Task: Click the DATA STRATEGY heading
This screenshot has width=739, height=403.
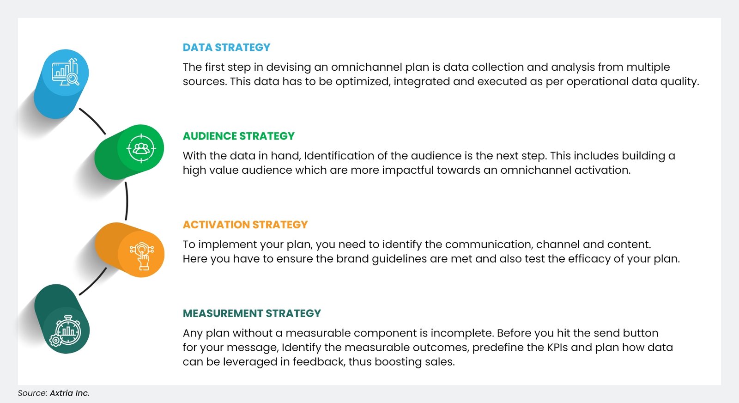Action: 226,48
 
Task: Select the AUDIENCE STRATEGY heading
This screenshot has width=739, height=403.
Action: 238,136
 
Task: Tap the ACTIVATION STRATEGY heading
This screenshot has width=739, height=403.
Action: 245,225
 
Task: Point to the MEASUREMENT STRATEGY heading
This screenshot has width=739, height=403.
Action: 252,314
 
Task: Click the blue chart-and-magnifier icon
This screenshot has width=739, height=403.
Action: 65,73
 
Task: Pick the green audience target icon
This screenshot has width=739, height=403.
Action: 141,148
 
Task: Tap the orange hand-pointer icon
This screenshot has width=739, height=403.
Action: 142,255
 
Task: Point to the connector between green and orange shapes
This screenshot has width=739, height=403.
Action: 127,201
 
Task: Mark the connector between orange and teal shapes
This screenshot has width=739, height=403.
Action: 93,281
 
